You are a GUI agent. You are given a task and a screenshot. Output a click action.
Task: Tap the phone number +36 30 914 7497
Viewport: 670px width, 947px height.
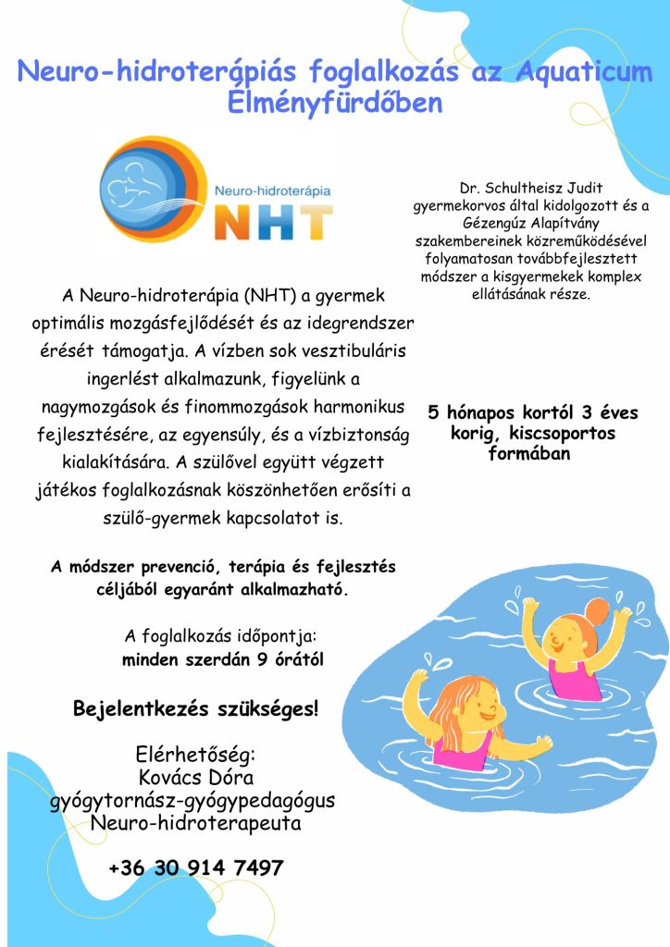tap(195, 868)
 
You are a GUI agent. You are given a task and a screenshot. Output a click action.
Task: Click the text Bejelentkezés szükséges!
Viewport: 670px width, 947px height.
tap(195, 710)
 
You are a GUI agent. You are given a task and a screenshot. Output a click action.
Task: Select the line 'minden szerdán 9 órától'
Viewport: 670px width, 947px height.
tap(222, 660)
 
